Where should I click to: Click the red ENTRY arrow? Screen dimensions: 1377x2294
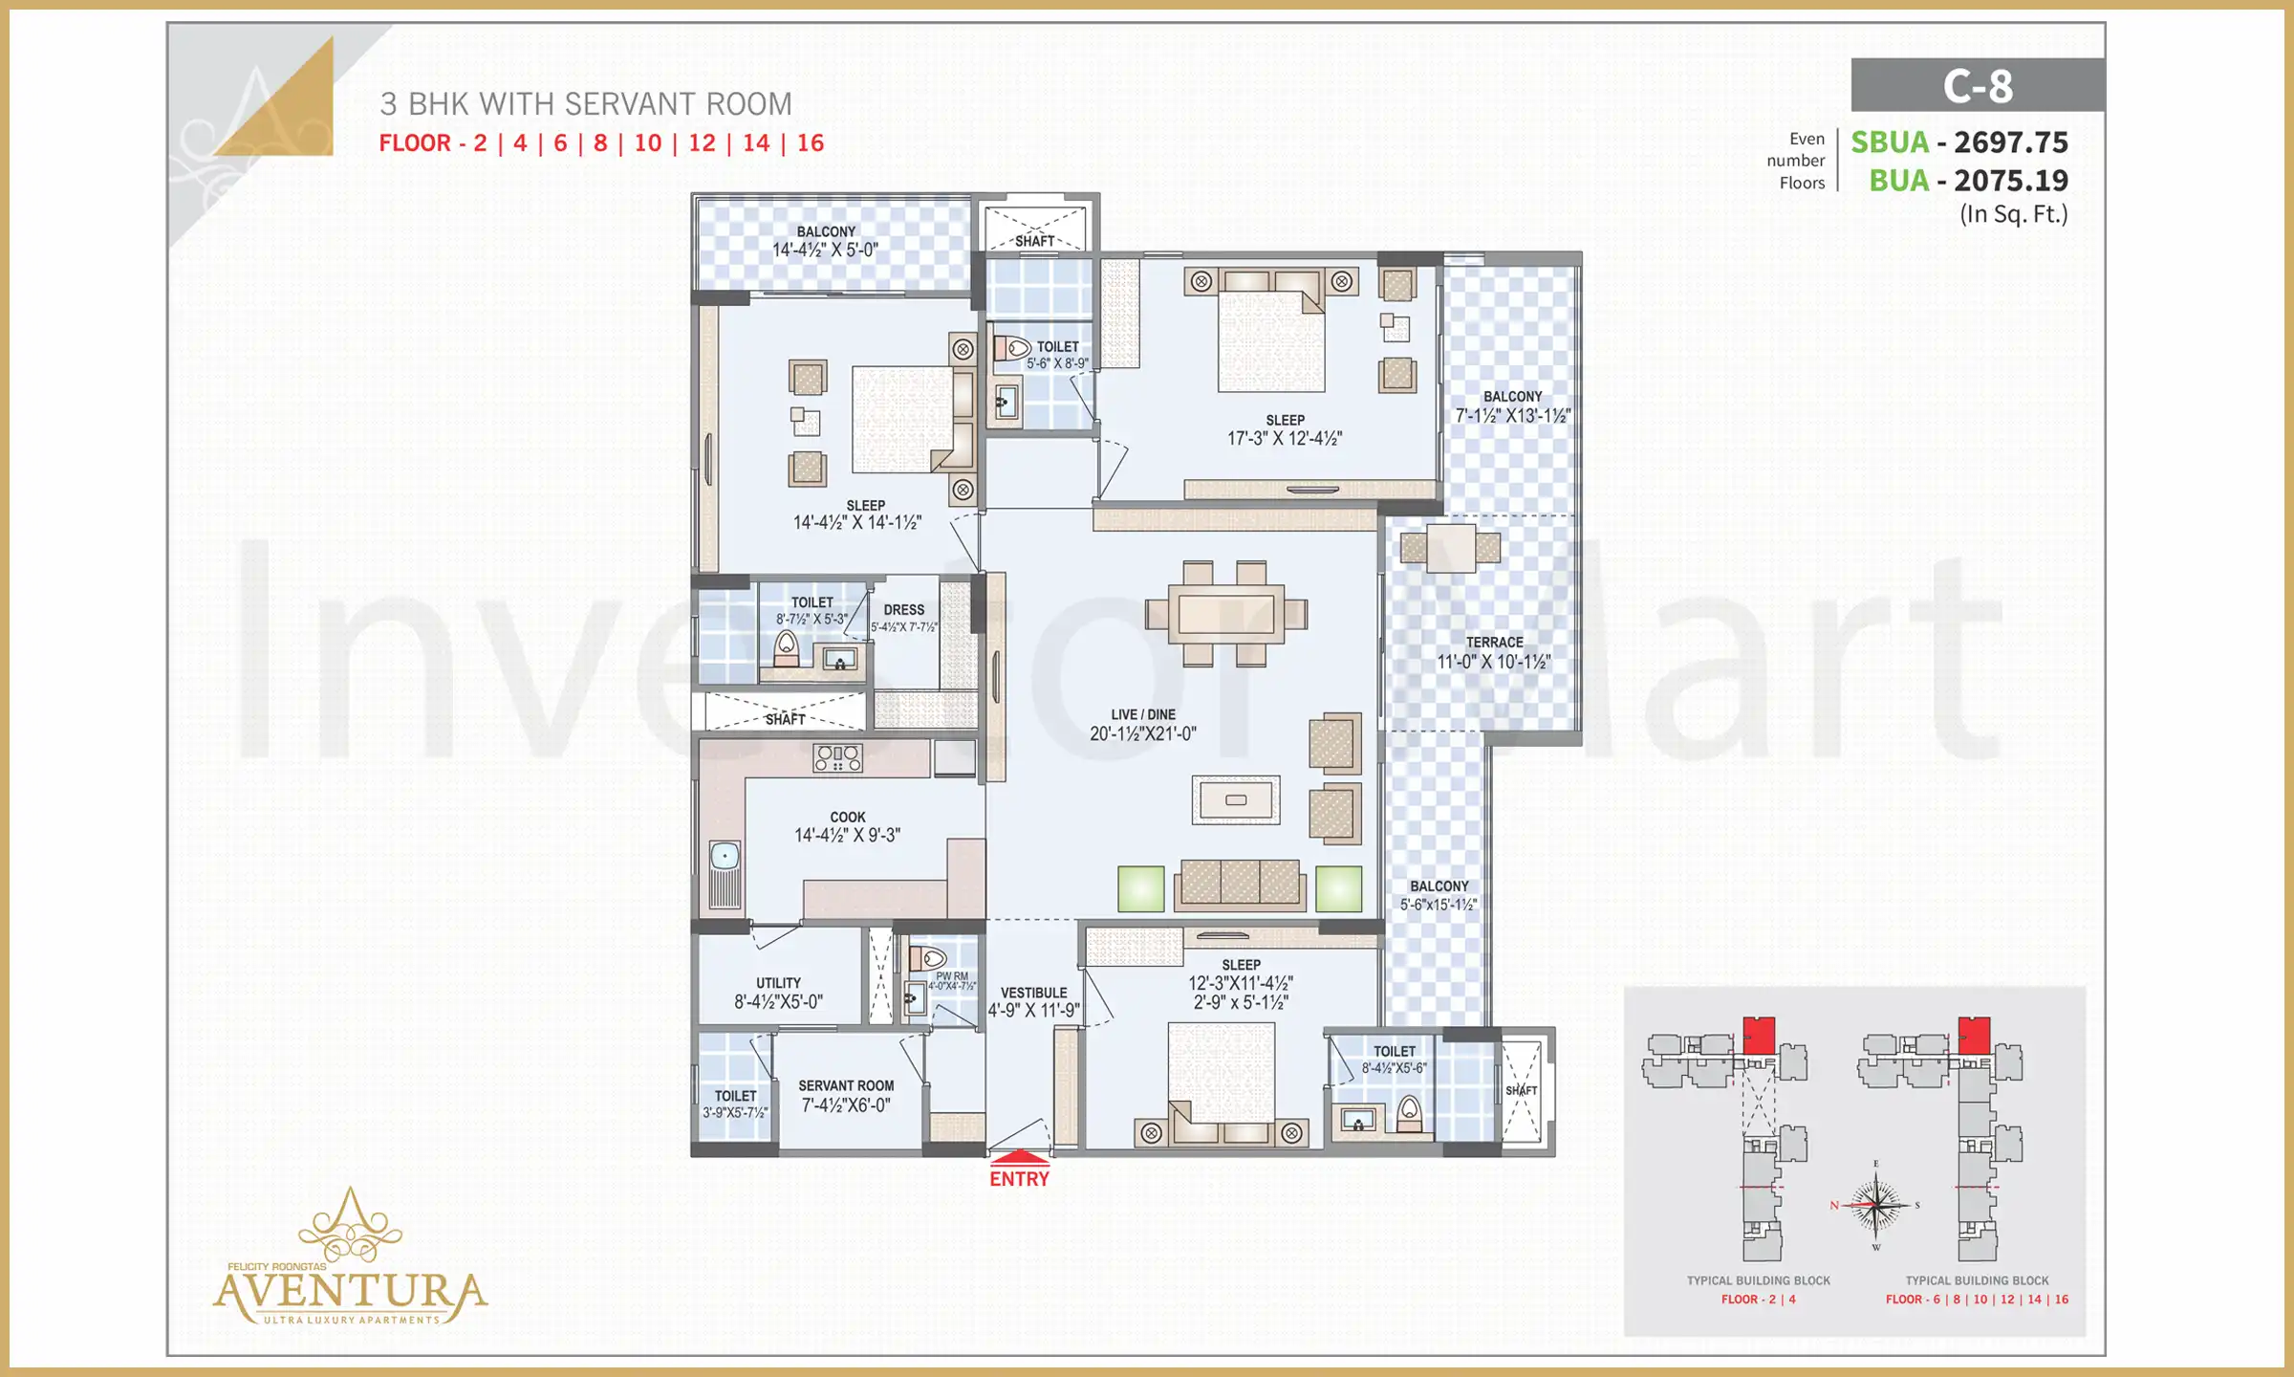[x=1019, y=1156]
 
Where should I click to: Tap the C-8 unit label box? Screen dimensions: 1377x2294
[x=1977, y=86]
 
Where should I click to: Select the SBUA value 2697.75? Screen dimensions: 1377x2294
[x=2010, y=142]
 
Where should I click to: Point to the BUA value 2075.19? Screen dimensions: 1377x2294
[x=2010, y=181]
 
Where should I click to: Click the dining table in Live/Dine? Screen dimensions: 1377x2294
[x=1225, y=614]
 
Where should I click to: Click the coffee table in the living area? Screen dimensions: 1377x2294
[x=1235, y=799]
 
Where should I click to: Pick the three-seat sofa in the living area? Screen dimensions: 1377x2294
[x=1240, y=883]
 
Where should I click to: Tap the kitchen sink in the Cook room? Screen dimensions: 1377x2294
[x=725, y=856]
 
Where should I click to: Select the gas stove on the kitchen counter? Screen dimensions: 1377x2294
[x=837, y=758]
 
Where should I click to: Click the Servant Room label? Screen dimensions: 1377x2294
[x=846, y=1086]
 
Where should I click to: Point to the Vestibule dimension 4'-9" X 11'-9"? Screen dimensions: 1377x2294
[x=1033, y=1011]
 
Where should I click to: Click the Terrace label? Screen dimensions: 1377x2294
[x=1494, y=643]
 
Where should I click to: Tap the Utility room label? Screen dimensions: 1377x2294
[x=778, y=983]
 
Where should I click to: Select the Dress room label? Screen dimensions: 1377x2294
[x=903, y=610]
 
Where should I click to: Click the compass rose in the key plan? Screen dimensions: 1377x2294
[x=1875, y=1206]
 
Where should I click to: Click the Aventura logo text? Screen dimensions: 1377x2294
[x=350, y=1291]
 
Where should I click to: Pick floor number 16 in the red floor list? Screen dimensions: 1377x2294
[x=810, y=143]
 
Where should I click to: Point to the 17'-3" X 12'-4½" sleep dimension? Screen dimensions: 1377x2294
[x=1284, y=439]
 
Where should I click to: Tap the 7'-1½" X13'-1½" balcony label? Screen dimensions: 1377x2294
[x=1512, y=416]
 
